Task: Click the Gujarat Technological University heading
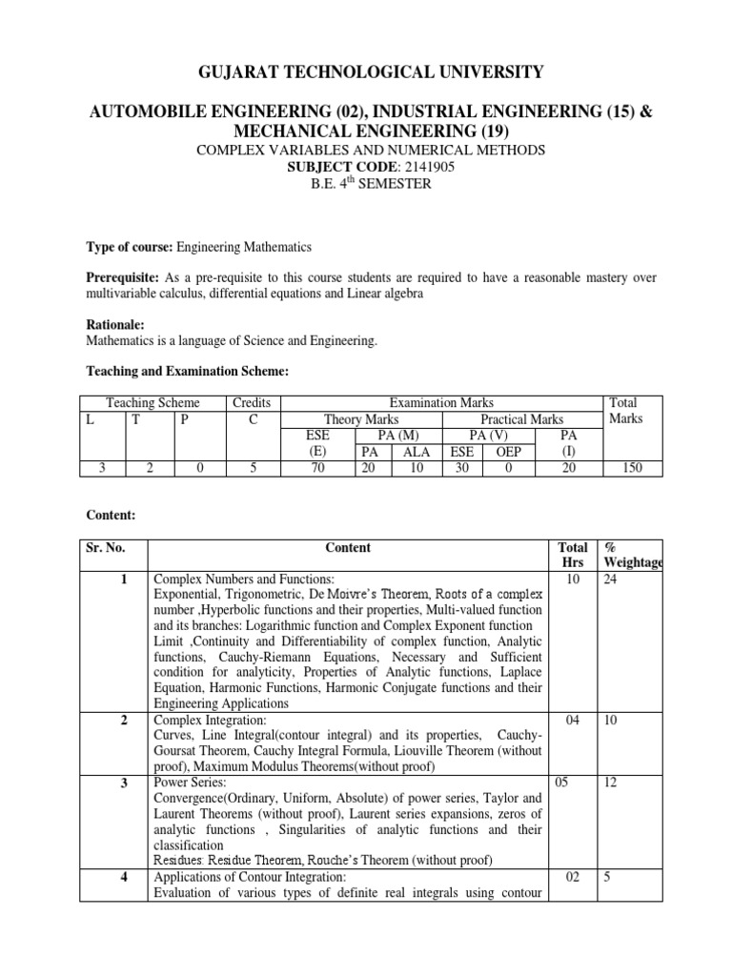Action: click(365, 71)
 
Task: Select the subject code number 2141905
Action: click(402, 166)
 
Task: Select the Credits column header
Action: click(252, 403)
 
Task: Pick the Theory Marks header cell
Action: click(361, 419)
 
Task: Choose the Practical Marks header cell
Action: click(521, 419)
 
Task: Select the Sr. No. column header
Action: click(105, 548)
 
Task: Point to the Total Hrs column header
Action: click(572, 557)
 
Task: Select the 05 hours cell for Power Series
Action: click(561, 783)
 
